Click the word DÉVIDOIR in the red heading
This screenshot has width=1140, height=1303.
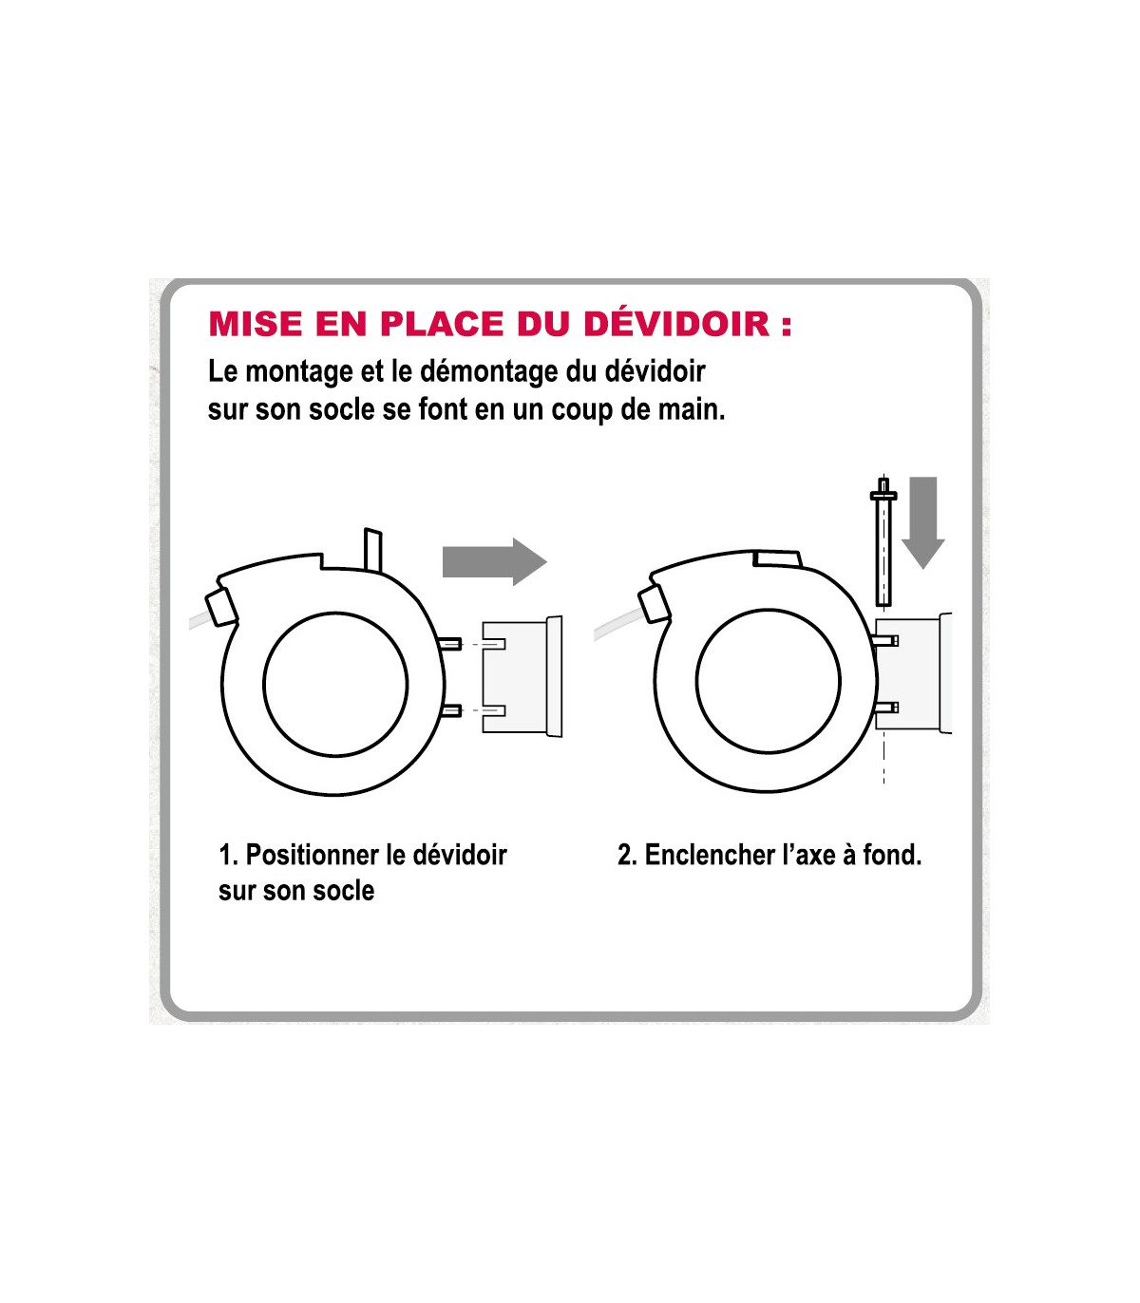pos(677,324)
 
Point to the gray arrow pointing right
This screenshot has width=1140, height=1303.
pos(494,561)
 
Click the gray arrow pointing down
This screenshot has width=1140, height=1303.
pos(922,523)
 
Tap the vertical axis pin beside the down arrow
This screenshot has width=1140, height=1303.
pos(883,541)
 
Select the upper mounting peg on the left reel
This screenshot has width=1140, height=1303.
pos(450,645)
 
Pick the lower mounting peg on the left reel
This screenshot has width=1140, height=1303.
pos(450,710)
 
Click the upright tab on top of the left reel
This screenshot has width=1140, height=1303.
pos(373,550)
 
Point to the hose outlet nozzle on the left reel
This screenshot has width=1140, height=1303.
pos(221,608)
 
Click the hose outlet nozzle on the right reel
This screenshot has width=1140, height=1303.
pos(655,604)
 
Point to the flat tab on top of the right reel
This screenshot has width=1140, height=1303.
pos(776,558)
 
